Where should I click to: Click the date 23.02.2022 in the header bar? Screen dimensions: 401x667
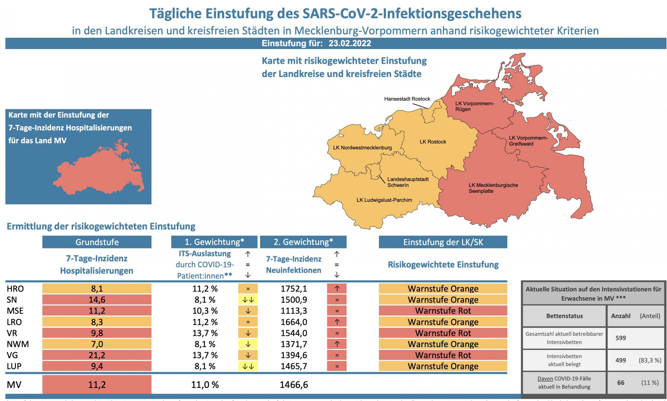(350, 44)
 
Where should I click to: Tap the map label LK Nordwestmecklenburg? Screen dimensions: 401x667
(362, 148)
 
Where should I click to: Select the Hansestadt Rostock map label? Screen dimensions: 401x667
(407, 99)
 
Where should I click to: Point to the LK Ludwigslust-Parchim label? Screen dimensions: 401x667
(384, 200)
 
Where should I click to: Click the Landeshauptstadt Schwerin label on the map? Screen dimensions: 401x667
(408, 182)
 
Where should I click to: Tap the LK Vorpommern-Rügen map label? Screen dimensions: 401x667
(474, 106)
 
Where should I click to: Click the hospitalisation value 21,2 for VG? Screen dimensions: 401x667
(97, 355)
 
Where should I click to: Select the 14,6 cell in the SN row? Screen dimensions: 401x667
(97, 300)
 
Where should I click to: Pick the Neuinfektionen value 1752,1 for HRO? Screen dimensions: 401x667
(294, 289)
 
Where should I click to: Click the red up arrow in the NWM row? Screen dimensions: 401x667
(337, 344)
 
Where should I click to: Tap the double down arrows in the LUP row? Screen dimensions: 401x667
(248, 366)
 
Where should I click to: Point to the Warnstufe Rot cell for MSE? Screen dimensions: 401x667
(443, 311)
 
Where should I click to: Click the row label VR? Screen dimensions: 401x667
(12, 333)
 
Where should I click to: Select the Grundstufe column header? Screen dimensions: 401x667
(97, 242)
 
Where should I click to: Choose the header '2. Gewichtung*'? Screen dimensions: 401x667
(303, 242)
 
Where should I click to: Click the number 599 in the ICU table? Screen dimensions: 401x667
(621, 338)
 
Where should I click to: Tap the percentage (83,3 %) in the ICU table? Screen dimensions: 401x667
(650, 360)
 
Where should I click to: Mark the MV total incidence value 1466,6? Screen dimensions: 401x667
(294, 385)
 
